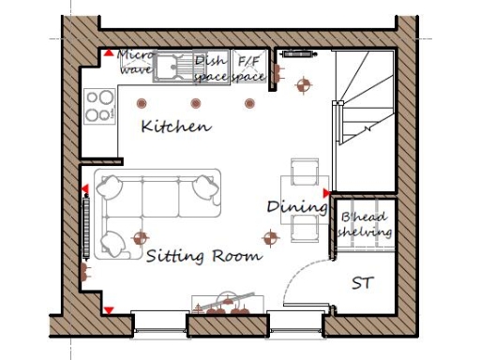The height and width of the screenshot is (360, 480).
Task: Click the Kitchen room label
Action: tap(175, 126)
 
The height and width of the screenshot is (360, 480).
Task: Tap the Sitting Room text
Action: tap(203, 254)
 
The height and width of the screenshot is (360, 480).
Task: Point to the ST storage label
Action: tap(362, 282)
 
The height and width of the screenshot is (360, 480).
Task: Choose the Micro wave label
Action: tap(135, 62)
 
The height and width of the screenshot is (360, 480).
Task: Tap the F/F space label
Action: tap(249, 67)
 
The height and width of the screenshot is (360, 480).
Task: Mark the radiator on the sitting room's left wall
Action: tap(86, 226)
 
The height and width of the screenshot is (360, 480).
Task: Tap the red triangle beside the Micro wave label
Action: tap(109, 54)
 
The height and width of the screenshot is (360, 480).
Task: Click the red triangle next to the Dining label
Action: tap(326, 193)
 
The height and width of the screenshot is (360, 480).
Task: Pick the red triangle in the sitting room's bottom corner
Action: tap(109, 309)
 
